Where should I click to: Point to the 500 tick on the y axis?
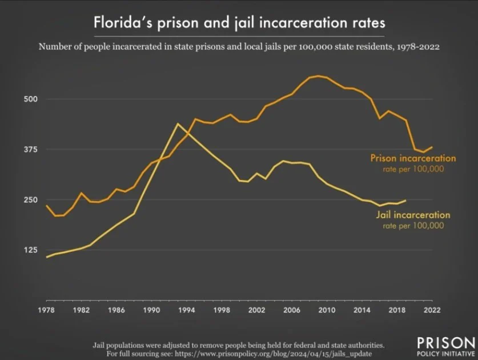[31, 99]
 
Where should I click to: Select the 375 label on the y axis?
[31, 149]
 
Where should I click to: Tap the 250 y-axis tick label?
[31, 200]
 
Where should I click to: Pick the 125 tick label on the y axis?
[31, 250]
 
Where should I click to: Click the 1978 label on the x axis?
[46, 310]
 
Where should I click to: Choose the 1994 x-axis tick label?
[187, 310]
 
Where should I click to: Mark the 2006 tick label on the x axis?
[292, 310]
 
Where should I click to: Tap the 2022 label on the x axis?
[432, 310]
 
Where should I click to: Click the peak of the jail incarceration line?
[178, 123]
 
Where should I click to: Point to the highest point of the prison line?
[318, 76]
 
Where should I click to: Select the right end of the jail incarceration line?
[405, 200]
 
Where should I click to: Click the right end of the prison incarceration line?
[432, 147]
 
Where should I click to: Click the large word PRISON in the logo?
[446, 343]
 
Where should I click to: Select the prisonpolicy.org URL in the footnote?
[273, 354]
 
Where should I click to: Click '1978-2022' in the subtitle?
[418, 47]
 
